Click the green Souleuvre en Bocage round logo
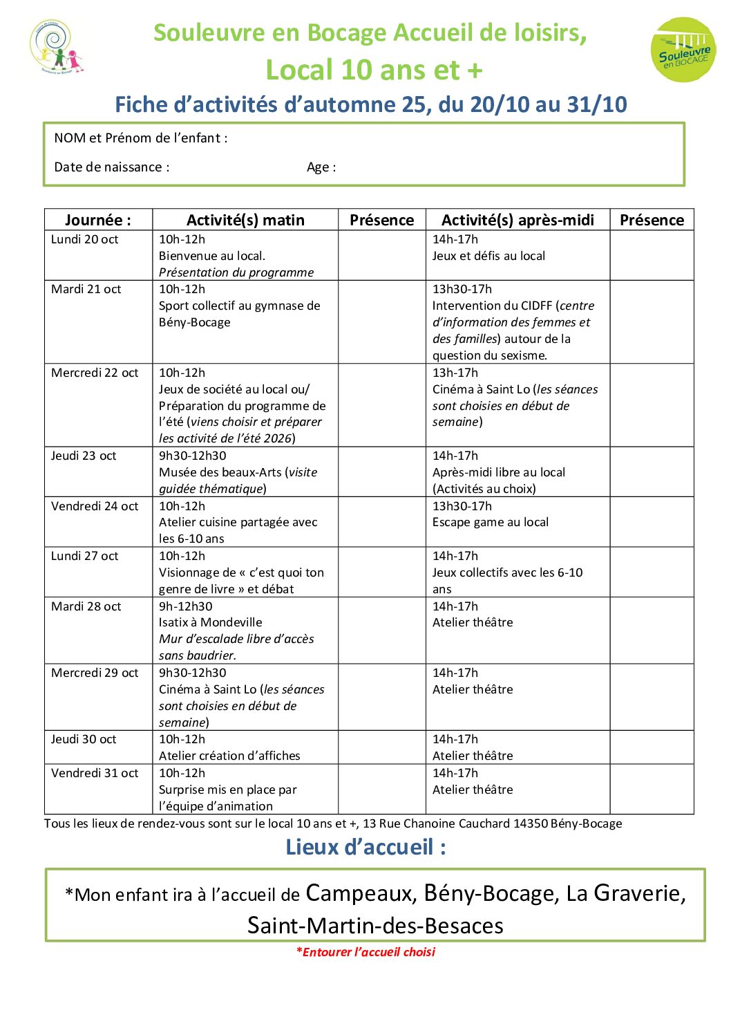(x=683, y=50)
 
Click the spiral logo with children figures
(x=57, y=47)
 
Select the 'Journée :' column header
(x=98, y=220)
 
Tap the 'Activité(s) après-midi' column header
(x=518, y=220)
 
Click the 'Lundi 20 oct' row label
(x=85, y=239)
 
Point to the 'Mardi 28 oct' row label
(x=86, y=606)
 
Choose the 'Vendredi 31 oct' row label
(x=95, y=773)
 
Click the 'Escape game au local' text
(x=491, y=522)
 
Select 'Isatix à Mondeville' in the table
(x=211, y=622)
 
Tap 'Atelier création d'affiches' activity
(x=229, y=756)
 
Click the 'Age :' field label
(x=321, y=167)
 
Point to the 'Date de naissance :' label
(x=112, y=167)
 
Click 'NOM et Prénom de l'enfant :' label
(x=141, y=138)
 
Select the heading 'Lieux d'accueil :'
(x=365, y=847)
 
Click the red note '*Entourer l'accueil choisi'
(x=366, y=952)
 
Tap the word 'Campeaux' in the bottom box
(x=359, y=893)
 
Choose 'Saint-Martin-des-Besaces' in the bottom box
(x=375, y=926)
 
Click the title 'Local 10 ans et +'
(x=374, y=70)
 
